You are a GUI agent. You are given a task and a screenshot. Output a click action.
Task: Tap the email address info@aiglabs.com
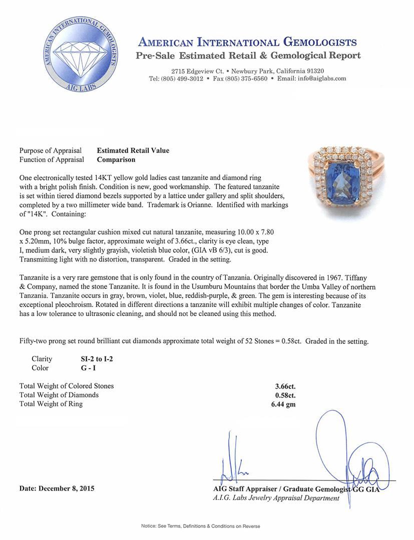[x=319, y=78]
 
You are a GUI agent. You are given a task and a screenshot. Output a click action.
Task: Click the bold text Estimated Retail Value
[x=133, y=150]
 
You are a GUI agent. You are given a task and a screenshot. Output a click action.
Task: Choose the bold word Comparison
[x=116, y=160]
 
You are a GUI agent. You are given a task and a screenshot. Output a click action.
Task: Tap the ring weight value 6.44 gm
[x=280, y=404]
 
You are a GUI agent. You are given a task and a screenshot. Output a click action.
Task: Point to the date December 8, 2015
[x=57, y=488]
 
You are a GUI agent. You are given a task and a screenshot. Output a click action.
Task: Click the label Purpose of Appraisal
[x=50, y=150]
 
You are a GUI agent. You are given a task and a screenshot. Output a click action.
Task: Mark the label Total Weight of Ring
[x=51, y=404]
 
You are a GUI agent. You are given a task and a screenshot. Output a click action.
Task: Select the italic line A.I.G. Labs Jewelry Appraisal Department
[x=276, y=498]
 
